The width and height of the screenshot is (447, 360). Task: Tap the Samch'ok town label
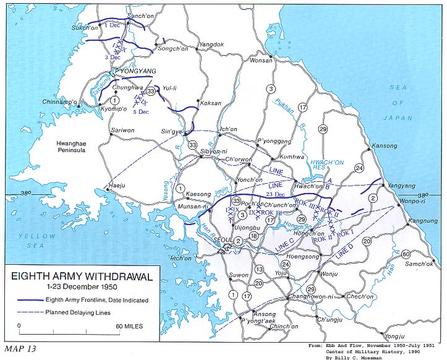[x=419, y=265]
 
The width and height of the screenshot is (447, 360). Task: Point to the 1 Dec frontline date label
[x=113, y=25]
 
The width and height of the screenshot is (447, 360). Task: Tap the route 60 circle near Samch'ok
[x=406, y=254]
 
